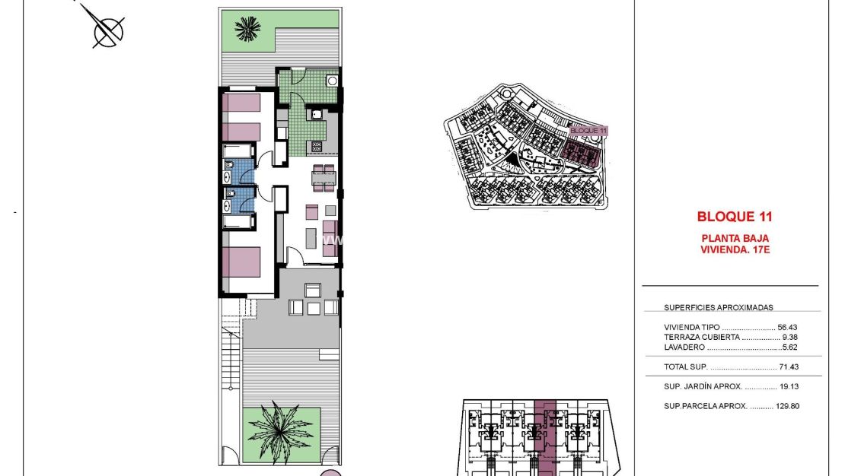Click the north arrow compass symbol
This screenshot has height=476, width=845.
pyautogui.click(x=108, y=31)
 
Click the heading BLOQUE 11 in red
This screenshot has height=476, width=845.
pyautogui.click(x=735, y=217)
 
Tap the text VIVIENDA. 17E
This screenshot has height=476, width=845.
pyautogui.click(x=735, y=249)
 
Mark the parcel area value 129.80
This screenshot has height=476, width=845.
pyautogui.click(x=787, y=406)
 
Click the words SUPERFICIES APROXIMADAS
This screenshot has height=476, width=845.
pyautogui.click(x=719, y=308)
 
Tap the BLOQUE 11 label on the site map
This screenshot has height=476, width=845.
pyautogui.click(x=589, y=131)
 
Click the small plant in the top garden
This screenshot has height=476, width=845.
pyautogui.click(x=247, y=29)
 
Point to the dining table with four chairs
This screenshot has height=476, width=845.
pyautogui.click(x=324, y=178)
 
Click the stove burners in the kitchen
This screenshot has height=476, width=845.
pyautogui.click(x=316, y=145)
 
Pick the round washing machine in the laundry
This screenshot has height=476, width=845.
pyautogui.click(x=331, y=81)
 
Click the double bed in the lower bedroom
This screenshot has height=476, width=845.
pyautogui.click(x=242, y=262)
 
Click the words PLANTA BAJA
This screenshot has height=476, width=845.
pyautogui.click(x=735, y=238)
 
